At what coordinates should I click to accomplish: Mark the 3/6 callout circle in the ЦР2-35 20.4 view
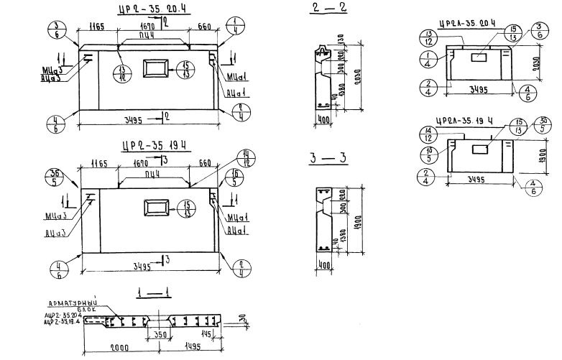[55, 32]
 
